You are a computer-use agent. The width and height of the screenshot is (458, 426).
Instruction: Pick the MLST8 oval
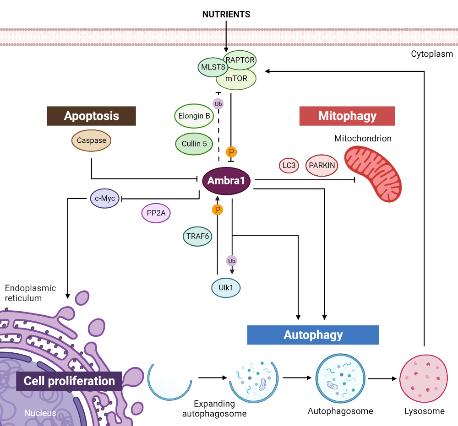(x=213, y=68)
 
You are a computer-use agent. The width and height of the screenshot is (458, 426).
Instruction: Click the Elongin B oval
(x=194, y=116)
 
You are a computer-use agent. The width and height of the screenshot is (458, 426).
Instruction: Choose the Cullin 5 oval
(x=194, y=144)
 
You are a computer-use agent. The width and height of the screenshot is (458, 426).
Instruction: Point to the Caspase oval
(x=92, y=140)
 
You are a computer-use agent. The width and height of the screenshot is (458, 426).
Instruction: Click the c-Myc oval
(x=104, y=199)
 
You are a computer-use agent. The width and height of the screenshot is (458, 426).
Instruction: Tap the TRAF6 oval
(x=198, y=236)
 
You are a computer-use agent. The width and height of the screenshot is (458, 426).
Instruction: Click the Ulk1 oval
(x=226, y=288)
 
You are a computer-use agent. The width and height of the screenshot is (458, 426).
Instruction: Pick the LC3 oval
(x=289, y=165)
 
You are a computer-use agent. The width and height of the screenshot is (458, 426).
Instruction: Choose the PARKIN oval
(x=322, y=165)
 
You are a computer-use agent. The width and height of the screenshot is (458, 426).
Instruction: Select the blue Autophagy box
(x=313, y=335)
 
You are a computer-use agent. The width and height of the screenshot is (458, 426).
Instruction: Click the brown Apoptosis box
(x=91, y=116)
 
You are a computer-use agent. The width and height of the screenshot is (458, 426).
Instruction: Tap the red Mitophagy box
(x=347, y=116)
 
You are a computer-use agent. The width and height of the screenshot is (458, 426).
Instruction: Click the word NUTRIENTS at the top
(x=226, y=14)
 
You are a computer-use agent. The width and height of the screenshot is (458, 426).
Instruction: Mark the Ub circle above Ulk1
(x=232, y=261)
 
